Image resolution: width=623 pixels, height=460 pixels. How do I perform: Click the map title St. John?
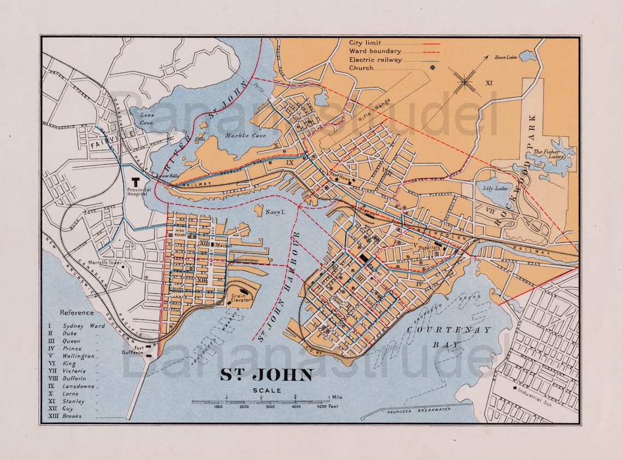point(266,375)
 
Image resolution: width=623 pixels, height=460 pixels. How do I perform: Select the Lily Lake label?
point(492,188)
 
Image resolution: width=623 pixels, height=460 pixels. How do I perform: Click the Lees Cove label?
point(147,119)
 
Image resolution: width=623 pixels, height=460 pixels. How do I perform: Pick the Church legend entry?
point(361,68)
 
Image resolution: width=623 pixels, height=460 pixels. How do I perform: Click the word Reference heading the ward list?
point(77,313)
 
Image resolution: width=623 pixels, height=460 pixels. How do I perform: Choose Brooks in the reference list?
point(72,416)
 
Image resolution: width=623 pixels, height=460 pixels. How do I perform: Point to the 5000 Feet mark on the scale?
point(322,407)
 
